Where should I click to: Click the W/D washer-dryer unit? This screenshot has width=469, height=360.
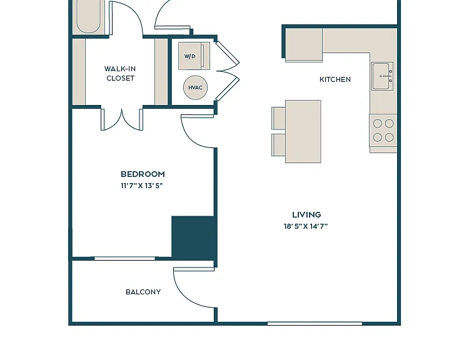[x=194, y=56]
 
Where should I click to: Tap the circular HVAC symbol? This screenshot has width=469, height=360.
[x=195, y=87]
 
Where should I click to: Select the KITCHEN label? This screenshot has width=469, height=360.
[x=335, y=79]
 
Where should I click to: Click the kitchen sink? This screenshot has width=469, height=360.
[x=383, y=76]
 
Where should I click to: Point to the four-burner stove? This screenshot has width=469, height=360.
[x=383, y=131]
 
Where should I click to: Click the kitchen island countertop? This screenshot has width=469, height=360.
[x=303, y=131]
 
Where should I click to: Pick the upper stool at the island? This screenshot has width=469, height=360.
[x=278, y=118]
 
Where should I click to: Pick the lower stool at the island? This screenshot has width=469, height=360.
[x=278, y=145]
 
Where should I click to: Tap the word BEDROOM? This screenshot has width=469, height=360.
[x=143, y=174]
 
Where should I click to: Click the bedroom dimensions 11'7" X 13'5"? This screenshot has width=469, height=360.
[x=142, y=186]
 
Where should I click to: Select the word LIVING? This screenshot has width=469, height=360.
[x=306, y=214]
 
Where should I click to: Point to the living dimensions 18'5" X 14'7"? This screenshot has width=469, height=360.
[x=306, y=226]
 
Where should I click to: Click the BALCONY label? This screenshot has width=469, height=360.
[x=143, y=292]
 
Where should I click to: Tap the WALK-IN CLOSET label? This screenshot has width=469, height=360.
[x=120, y=73]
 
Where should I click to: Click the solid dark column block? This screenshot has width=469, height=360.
[x=194, y=237]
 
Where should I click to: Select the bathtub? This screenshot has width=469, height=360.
[x=88, y=16]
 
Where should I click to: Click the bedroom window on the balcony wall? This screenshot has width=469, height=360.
[x=124, y=258]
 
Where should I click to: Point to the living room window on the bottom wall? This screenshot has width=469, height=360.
[x=315, y=324]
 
